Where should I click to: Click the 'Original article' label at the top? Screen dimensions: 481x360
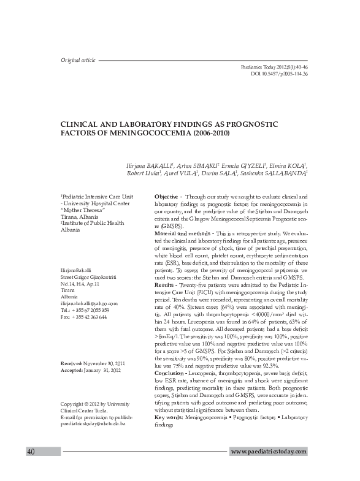(x=78, y=60)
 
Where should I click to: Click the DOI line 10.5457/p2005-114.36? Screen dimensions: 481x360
(x=279, y=74)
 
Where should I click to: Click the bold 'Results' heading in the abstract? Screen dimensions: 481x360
(x=164, y=286)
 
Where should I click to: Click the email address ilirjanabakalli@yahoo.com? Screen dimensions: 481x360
(x=88, y=303)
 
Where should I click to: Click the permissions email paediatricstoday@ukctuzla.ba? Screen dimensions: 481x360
(x=93, y=423)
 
